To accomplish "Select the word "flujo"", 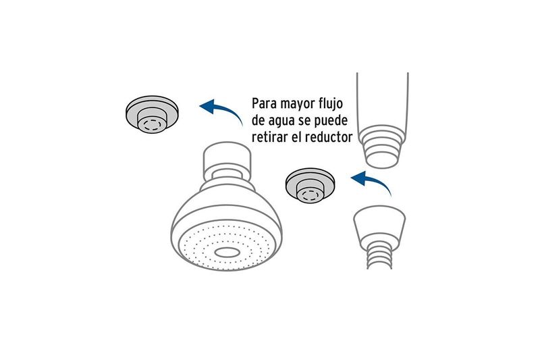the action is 329,105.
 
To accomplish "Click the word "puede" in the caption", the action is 333,121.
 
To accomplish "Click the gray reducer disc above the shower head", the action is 152,114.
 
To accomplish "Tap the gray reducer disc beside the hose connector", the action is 310,185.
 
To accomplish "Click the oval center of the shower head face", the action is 227,253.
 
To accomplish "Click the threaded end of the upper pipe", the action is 382,147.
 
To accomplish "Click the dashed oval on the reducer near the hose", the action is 310,195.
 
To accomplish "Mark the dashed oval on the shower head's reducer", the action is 152,124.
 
